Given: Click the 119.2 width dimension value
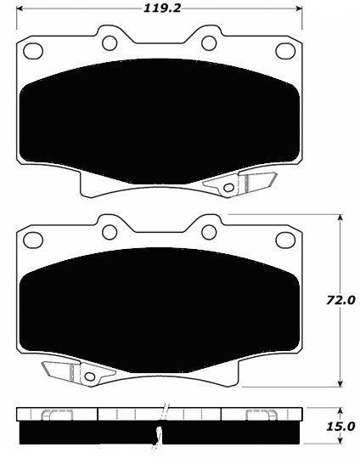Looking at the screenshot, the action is (161, 8).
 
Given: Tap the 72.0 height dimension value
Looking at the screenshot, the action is (340, 301).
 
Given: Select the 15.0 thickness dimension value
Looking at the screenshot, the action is (340, 427).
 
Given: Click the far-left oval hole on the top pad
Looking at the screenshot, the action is (33, 51).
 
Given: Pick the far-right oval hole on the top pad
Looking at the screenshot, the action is (285, 51).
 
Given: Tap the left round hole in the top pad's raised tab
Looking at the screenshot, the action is (110, 42).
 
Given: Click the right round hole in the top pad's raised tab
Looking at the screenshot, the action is (209, 42).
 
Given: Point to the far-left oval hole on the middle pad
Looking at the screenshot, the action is (33, 240).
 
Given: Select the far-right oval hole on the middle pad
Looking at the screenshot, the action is (285, 240).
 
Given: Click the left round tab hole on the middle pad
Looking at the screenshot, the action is (110, 232).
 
